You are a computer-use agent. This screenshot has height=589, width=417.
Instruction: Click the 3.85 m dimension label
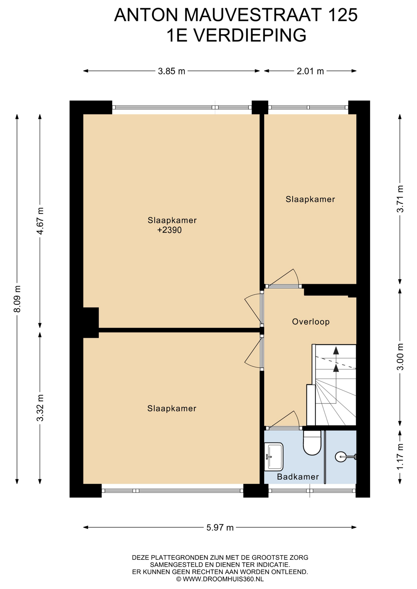click(172, 71)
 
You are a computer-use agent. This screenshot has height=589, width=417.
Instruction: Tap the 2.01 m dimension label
click(310, 71)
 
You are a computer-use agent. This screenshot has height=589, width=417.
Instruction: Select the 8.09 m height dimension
click(17, 299)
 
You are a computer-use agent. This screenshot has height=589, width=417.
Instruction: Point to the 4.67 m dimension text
click(40, 221)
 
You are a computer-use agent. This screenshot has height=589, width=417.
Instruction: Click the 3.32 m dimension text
click(40, 408)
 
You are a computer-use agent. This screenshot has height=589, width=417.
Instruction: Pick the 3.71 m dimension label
click(400, 199)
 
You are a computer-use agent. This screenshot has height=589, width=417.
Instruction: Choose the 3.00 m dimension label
click(400, 357)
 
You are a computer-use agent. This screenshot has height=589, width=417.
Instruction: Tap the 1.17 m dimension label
click(400, 456)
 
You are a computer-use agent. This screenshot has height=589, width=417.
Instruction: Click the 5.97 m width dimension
click(220, 527)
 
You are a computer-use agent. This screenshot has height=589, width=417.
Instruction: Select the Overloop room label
click(311, 321)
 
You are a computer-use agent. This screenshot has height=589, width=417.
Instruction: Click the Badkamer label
click(298, 476)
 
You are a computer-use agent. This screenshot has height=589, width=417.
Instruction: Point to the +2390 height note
click(170, 230)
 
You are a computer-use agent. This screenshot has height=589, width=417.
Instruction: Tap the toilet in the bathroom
click(312, 443)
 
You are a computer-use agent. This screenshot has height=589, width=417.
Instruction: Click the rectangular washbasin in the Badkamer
click(274, 456)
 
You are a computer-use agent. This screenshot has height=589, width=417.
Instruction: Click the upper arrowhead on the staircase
click(336, 350)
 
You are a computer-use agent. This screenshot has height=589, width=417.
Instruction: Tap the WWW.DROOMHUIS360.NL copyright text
click(220, 579)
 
